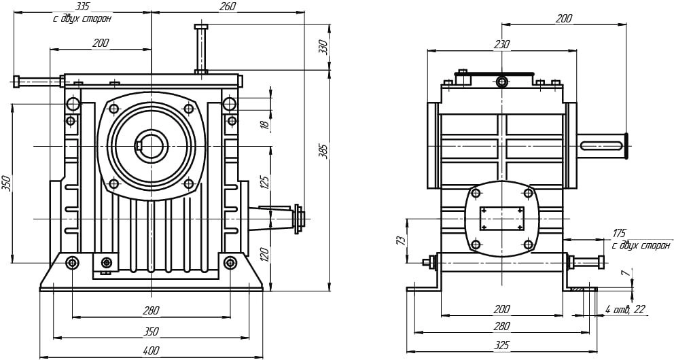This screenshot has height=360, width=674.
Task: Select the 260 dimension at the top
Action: [x=228, y=6]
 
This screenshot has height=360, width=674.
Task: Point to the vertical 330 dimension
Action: [x=323, y=46]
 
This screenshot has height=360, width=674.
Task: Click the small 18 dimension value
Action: [x=265, y=124]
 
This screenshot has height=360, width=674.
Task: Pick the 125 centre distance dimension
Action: [x=265, y=183]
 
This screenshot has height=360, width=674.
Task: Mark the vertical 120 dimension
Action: [x=265, y=254]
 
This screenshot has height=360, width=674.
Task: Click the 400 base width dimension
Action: [x=150, y=350]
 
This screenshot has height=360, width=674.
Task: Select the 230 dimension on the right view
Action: [x=501, y=44]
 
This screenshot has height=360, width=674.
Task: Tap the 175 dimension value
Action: [x=620, y=233]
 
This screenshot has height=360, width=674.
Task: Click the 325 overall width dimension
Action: [x=501, y=345]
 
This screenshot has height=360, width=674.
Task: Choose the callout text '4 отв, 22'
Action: [x=626, y=309]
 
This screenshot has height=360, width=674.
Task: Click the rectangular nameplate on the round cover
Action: [x=501, y=218]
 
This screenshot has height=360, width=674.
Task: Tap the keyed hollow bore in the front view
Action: [x=152, y=146]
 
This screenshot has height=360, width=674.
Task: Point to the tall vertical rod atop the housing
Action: [x=200, y=48]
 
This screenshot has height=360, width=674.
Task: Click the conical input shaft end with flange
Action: [x=277, y=219]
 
